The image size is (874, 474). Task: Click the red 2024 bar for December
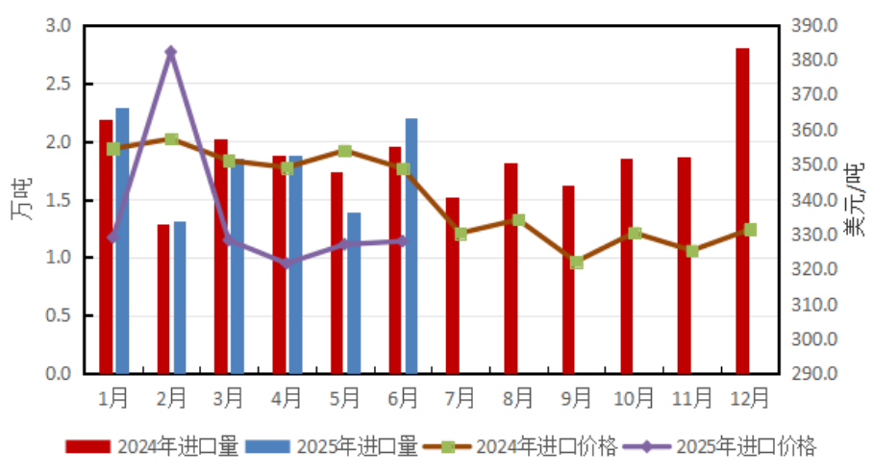tap(742, 212)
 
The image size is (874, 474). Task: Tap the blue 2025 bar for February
tap(180, 298)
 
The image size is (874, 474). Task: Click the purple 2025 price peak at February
tap(171, 51)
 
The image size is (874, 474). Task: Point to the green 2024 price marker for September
tap(577, 262)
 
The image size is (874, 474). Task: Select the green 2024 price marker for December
tap(750, 230)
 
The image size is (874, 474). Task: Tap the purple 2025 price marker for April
tap(287, 262)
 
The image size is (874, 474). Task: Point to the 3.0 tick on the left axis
tap(59, 26)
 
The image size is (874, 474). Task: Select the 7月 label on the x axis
tap(461, 396)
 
